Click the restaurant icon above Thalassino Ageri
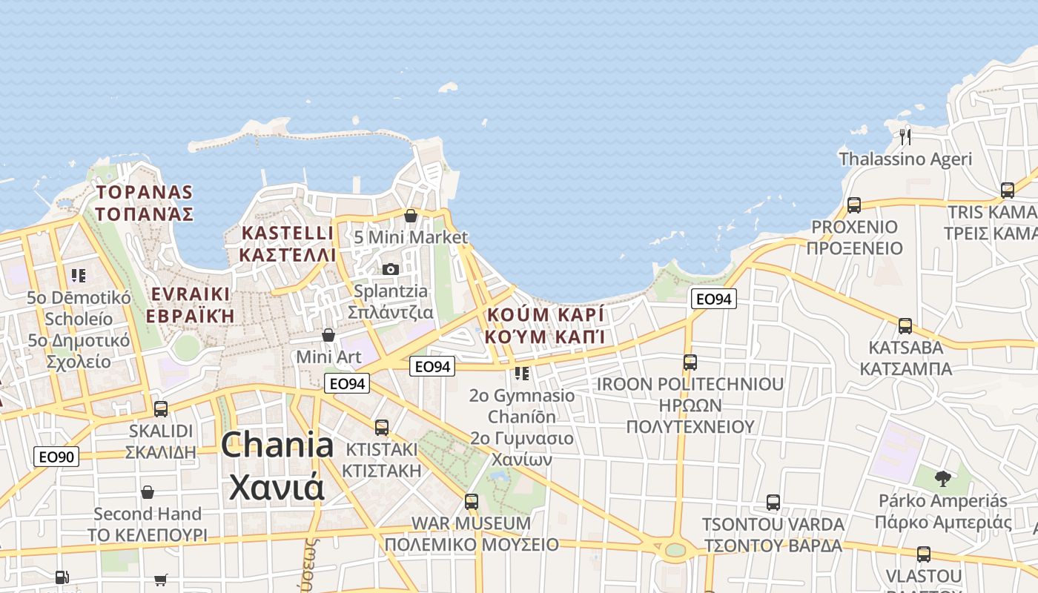click(x=905, y=136)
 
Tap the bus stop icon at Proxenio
click(x=854, y=205)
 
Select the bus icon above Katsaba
click(x=905, y=325)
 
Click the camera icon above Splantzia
click(x=391, y=269)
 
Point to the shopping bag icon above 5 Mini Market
click(x=411, y=216)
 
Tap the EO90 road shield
click(x=56, y=457)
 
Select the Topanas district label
click(x=145, y=203)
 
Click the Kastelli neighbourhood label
click(x=288, y=244)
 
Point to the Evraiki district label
click(x=190, y=305)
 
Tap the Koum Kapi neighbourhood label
click(x=545, y=325)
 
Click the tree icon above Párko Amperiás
click(x=942, y=478)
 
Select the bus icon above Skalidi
click(x=161, y=408)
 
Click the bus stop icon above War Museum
click(x=472, y=502)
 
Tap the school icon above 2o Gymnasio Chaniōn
click(x=522, y=374)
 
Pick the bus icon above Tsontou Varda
click(x=773, y=503)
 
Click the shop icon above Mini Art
click(x=328, y=336)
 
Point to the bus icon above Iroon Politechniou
click(x=690, y=362)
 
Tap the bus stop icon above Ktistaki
click(x=382, y=428)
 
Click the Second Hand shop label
click(x=148, y=514)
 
